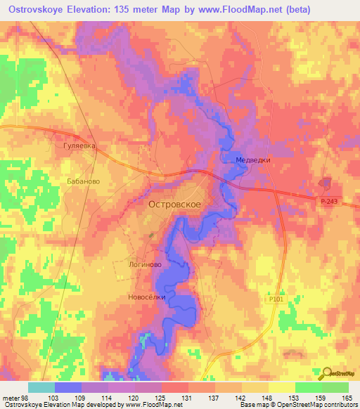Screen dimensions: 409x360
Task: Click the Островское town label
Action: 176,204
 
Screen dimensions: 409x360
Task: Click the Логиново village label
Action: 145,265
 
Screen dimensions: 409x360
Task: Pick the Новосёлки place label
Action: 146,297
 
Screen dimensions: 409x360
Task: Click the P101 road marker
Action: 276,299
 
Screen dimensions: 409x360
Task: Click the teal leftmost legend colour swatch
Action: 41,387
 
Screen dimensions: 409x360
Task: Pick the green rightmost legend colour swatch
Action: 335,387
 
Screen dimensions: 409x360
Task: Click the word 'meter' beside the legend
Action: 11,397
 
